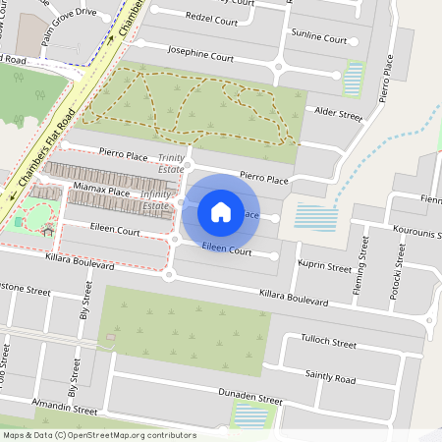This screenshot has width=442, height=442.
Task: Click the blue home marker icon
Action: pos(221,211)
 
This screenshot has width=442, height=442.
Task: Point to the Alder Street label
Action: pos(335,115)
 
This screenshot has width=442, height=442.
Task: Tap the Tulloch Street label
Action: pos(329,344)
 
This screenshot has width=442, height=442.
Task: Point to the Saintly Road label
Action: pos(330,377)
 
